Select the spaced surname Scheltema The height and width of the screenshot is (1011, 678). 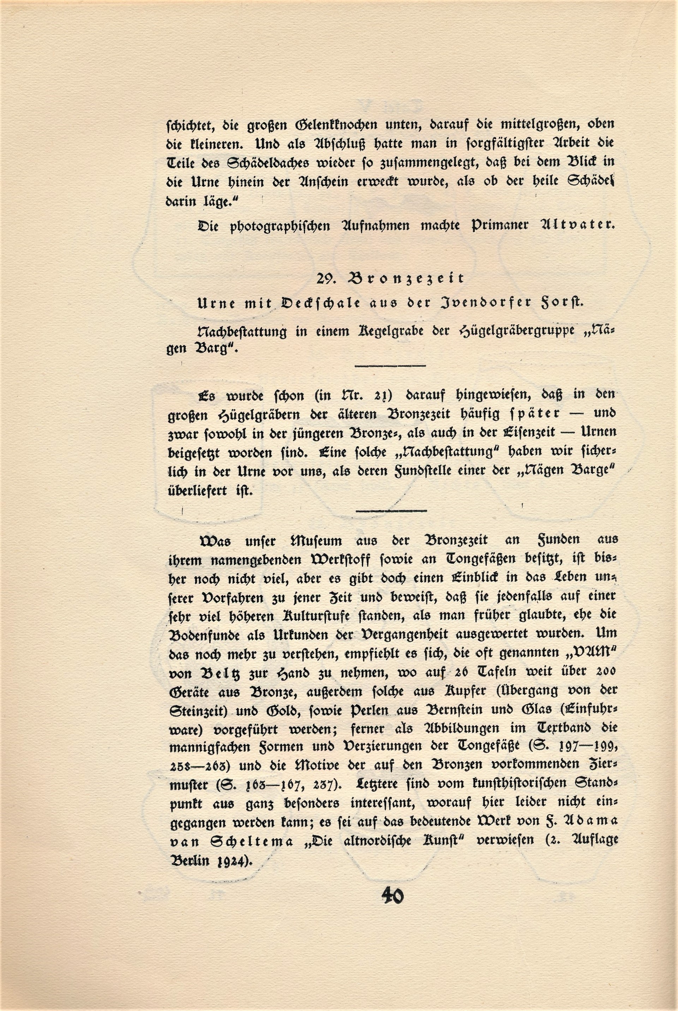coord(251,842)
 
